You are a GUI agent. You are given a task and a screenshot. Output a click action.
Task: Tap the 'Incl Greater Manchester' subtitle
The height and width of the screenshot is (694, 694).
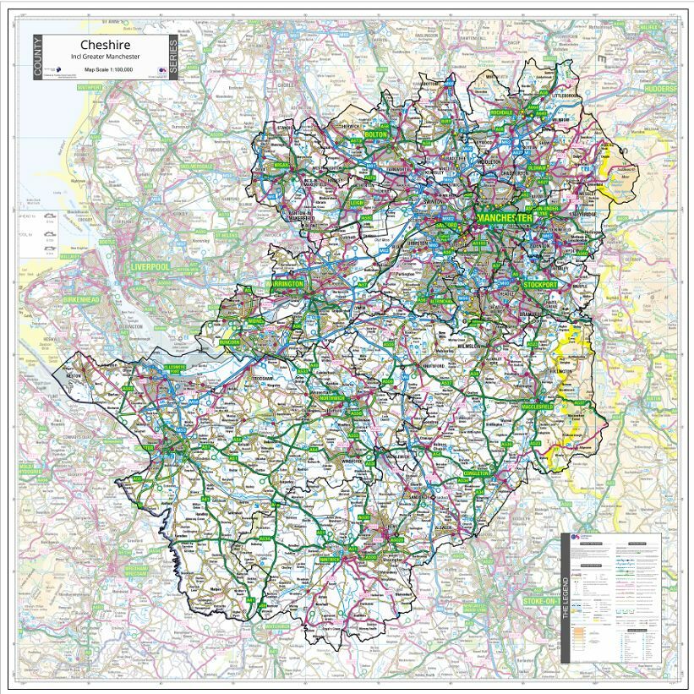coord(105,57)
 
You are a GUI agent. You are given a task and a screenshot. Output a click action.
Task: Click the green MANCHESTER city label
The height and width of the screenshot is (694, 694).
coord(505,218)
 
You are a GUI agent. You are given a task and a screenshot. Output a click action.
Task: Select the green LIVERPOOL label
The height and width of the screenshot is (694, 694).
coord(150,266)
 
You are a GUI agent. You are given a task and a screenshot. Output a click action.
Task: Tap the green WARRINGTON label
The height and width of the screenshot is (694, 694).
coord(285,284)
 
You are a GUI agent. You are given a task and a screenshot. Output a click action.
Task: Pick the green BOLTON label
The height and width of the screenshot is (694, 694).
coord(375,134)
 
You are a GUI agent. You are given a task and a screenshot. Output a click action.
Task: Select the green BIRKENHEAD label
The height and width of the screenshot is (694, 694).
coord(83,301)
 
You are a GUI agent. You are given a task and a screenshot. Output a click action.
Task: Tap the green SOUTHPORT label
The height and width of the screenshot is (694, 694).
coord(89,87)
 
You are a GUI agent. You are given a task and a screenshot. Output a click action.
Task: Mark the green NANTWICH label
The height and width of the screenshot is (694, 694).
coord(329,559)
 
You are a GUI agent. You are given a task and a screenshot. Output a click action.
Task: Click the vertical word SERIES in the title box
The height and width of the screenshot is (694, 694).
coord(172,57)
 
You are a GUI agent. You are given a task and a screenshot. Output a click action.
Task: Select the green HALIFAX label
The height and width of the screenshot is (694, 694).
coord(649,28)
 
